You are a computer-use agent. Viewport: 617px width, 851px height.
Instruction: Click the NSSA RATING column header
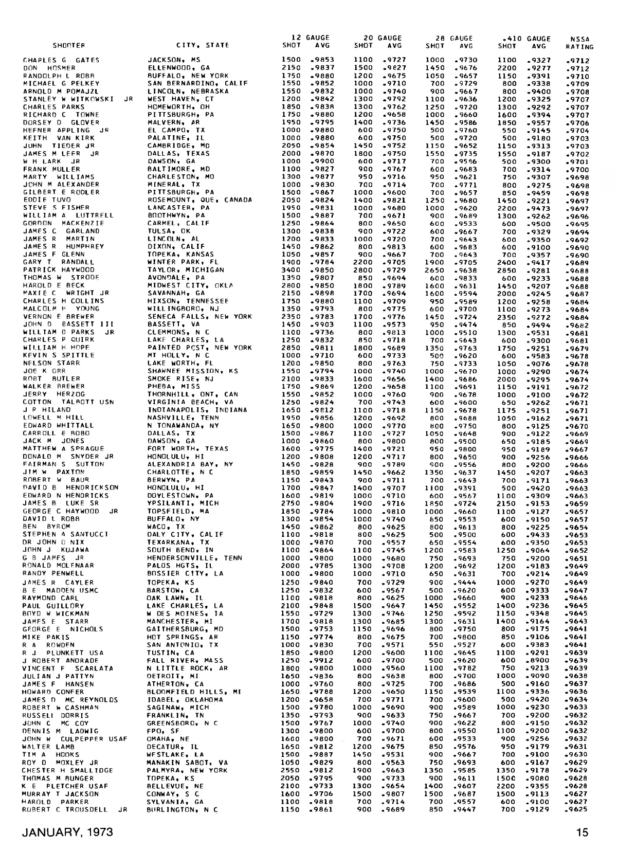coord(579,43)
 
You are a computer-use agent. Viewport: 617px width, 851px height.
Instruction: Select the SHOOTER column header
coord(68,46)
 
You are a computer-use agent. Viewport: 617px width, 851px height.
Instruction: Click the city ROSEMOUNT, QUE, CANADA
coord(199,200)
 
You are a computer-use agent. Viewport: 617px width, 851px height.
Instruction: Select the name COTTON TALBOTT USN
coord(68,402)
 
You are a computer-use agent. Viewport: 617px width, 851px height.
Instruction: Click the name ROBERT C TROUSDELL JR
coord(74,809)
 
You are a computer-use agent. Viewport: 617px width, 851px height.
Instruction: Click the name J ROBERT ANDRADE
coord(60,660)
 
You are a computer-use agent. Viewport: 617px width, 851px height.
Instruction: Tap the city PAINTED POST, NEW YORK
coord(199,348)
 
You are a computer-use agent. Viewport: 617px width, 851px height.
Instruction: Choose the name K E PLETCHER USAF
coord(65,786)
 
